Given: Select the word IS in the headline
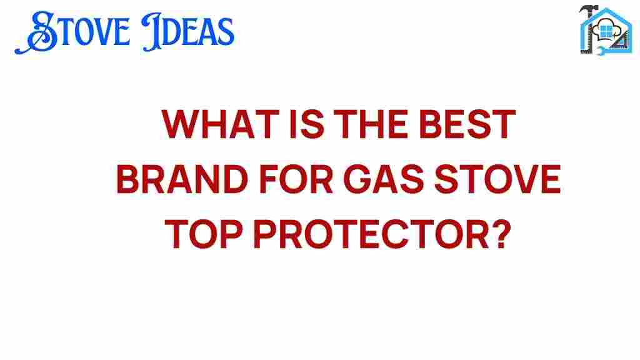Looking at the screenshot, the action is (x=307, y=124).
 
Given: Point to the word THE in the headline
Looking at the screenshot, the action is (x=371, y=124).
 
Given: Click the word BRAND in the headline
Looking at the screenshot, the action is (x=182, y=179).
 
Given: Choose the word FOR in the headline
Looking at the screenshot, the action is (x=296, y=179).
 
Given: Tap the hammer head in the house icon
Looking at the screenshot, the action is (x=588, y=9).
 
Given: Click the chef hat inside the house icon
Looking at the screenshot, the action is (x=605, y=30).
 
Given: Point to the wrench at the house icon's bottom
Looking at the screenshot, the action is (x=602, y=51).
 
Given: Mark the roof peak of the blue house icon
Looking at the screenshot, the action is (x=606, y=9).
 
